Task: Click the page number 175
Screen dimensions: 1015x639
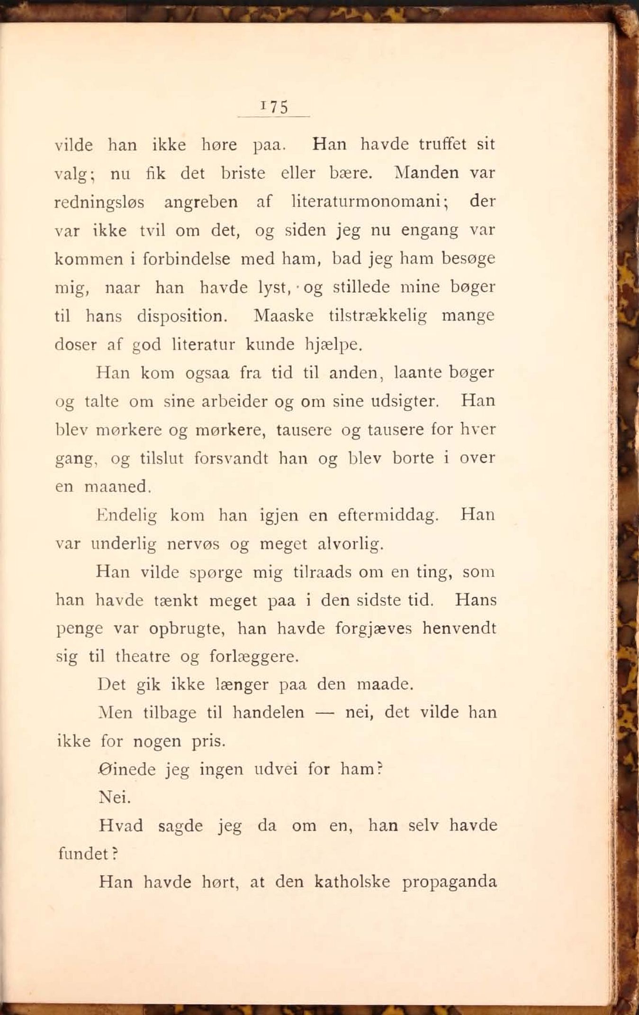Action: coord(274,107)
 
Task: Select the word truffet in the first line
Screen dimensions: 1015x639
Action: coord(442,144)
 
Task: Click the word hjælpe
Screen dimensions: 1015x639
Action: coord(333,345)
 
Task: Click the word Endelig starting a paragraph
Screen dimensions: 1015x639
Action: coord(126,515)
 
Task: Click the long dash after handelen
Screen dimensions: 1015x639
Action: coord(324,713)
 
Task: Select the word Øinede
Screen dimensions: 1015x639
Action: coord(127,769)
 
